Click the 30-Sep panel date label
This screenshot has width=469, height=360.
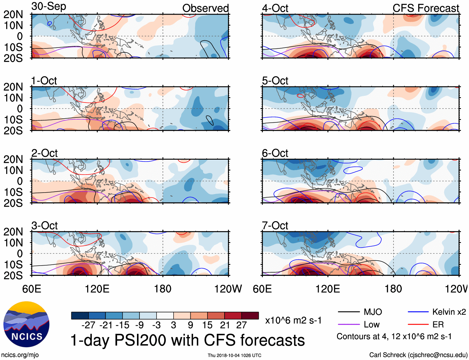pyautogui.click(x=49, y=7)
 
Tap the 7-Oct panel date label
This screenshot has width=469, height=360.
pyautogui.click(x=275, y=226)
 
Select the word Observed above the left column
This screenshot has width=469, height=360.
pyautogui.click(x=205, y=8)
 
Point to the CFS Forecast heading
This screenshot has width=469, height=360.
pyautogui.click(x=426, y=8)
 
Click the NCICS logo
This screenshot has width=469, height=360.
pyautogui.click(x=26, y=325)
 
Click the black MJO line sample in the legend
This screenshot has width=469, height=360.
pyautogui.click(x=348, y=312)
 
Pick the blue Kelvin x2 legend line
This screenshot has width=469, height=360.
pyautogui.click(x=418, y=312)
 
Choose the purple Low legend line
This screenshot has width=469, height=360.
pyautogui.click(x=348, y=325)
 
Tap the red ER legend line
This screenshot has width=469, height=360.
pyautogui.click(x=418, y=325)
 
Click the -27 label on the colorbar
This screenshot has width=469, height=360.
pyautogui.click(x=88, y=325)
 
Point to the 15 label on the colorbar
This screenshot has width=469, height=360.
pyautogui.click(x=207, y=325)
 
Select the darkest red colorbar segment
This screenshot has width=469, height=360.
pyautogui.click(x=250, y=316)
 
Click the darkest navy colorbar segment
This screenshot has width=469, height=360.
pyautogui.click(x=80, y=316)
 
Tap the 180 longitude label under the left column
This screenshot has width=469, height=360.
pyautogui.click(x=163, y=289)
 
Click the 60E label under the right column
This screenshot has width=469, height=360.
pyautogui.click(x=262, y=289)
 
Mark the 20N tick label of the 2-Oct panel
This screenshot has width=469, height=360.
pyautogui.click(x=13, y=159)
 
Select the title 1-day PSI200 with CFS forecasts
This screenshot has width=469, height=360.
pyautogui.click(x=188, y=340)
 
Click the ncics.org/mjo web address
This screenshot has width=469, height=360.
pyautogui.click(x=20, y=355)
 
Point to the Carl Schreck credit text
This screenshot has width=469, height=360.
pyautogui.click(x=418, y=355)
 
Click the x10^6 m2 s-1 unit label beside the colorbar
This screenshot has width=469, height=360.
pyautogui.click(x=293, y=320)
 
